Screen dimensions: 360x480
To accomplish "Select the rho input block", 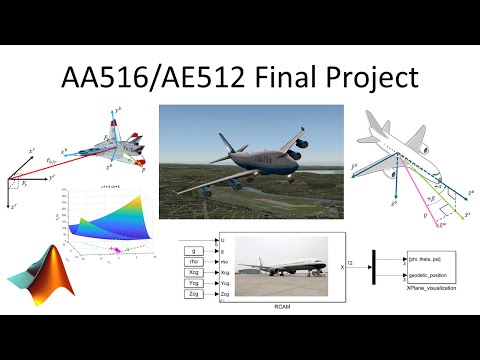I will coord(193,264).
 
